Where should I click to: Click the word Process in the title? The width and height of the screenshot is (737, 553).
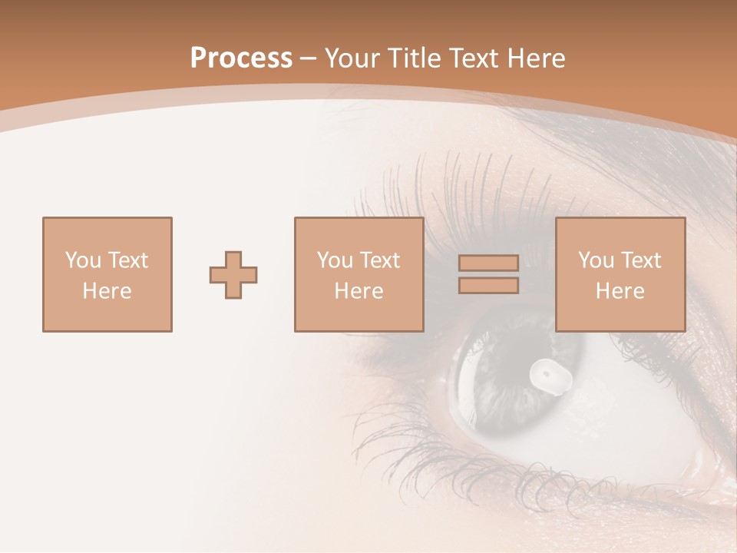point(241,58)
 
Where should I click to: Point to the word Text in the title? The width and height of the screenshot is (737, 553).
point(471,58)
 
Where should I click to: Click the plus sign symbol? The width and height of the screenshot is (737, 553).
point(233,275)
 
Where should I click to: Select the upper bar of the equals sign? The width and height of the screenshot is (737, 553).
point(488,263)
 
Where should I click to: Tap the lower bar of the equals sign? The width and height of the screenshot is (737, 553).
point(488,286)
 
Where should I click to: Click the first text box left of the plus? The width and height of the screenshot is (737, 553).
point(107,274)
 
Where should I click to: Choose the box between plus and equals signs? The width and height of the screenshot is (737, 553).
point(359,274)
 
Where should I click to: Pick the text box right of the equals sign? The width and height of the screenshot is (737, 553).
point(620,274)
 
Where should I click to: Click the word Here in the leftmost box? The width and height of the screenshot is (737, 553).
point(107,291)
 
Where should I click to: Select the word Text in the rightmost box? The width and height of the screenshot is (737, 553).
point(640,260)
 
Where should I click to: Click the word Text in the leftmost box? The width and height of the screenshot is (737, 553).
point(127,260)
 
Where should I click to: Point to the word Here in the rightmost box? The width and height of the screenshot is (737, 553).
point(620,291)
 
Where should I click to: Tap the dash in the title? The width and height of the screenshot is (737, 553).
point(308,58)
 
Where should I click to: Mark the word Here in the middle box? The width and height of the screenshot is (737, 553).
point(359,291)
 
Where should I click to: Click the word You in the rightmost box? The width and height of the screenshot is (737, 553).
point(596,260)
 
